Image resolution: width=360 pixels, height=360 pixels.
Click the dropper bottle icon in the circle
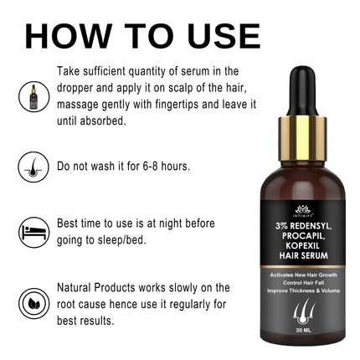33,96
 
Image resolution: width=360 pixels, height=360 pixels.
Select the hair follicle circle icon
33,167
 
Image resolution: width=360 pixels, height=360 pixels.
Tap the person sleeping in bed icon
33,231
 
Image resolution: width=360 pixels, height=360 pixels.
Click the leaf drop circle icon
33,302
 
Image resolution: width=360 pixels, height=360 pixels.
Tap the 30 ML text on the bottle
302,331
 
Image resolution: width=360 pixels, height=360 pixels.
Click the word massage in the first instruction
83,105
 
